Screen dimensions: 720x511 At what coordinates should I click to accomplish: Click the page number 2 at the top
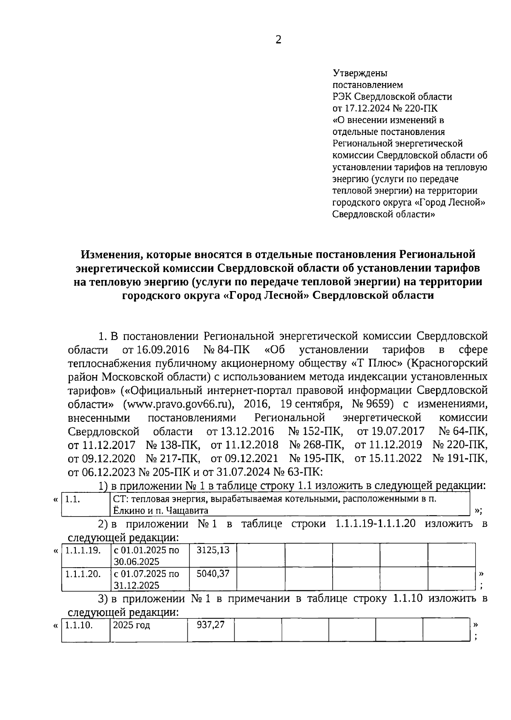[278, 40]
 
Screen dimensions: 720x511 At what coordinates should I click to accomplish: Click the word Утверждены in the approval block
[354, 73]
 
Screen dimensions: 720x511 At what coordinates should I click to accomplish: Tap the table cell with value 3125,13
[213, 550]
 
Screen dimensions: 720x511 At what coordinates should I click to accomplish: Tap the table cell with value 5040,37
[213, 574]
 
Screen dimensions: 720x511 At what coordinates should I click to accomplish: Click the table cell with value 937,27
[210, 625]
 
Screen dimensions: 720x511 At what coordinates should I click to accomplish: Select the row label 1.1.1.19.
[83, 550]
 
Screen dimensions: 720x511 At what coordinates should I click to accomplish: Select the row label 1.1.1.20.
[83, 574]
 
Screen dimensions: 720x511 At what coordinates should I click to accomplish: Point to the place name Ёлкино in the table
[128, 510]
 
